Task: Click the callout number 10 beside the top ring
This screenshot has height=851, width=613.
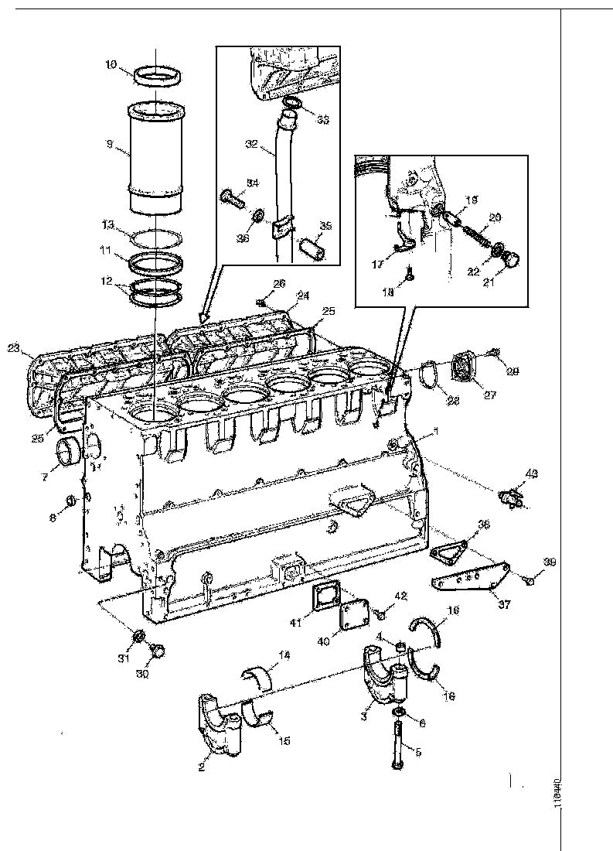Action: point(111,66)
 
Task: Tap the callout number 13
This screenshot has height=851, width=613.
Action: point(109,224)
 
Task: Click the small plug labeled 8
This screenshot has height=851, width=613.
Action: point(70,501)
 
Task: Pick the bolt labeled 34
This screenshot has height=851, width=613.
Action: point(232,195)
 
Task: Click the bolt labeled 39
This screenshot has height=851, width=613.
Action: point(529,576)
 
